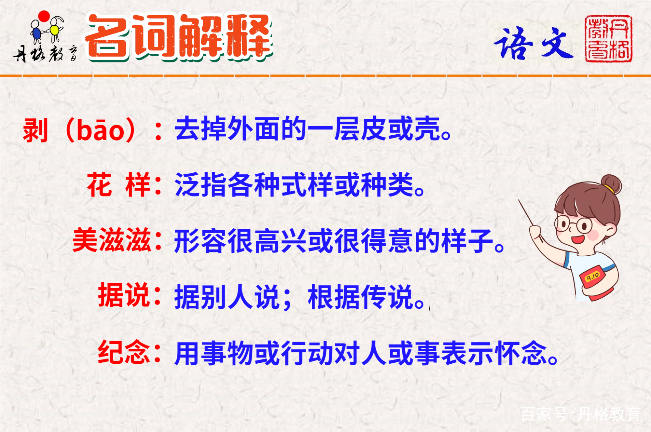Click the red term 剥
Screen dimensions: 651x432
(x=35, y=130)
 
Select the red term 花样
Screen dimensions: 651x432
(x=118, y=185)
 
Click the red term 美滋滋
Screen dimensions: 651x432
(x=111, y=240)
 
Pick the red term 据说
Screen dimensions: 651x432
(x=124, y=295)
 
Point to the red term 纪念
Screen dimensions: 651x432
(x=124, y=352)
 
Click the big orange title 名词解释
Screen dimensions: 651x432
(x=179, y=37)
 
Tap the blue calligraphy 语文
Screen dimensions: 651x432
(x=534, y=43)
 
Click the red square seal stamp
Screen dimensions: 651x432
(x=608, y=39)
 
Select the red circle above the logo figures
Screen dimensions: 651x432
(x=44, y=16)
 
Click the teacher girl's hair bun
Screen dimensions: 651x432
(x=611, y=184)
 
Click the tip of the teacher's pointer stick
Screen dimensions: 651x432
(x=519, y=200)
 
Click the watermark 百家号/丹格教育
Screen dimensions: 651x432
(x=580, y=414)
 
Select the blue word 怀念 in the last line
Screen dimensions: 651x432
(x=521, y=353)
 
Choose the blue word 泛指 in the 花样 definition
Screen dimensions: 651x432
(x=201, y=185)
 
